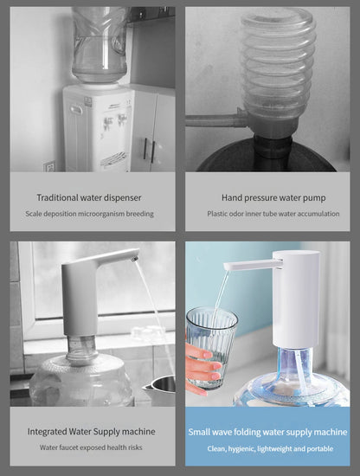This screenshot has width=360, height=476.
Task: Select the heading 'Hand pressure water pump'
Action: point(267,198)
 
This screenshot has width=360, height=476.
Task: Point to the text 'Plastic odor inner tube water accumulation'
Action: point(267,214)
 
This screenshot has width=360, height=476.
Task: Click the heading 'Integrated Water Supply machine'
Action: point(92,431)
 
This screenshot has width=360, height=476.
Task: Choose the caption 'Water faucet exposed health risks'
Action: point(92,447)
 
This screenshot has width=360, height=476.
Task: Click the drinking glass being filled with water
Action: point(210,338)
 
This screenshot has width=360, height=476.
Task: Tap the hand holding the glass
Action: point(202,368)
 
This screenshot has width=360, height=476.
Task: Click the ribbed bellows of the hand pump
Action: point(277,69)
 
